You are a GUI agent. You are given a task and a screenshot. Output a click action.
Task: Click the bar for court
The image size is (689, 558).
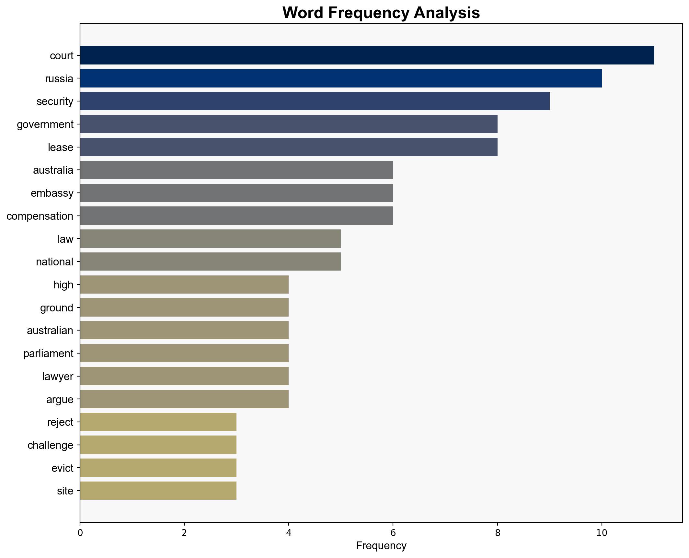367,55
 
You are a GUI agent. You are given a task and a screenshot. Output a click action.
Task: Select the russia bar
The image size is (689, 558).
341,78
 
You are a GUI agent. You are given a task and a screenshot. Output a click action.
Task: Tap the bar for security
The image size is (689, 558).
315,101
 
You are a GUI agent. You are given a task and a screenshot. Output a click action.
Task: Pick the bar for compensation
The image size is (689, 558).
236,216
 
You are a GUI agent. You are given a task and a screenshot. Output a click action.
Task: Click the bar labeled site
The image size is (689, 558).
158,491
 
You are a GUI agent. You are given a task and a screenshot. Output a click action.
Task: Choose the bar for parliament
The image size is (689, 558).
184,353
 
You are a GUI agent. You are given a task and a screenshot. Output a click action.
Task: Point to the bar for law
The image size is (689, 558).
210,239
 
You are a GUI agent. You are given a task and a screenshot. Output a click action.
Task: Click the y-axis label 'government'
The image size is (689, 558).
45,124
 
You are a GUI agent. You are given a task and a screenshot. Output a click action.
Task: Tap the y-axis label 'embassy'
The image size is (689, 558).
52,193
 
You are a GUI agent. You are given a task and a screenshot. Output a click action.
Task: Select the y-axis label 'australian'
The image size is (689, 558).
50,331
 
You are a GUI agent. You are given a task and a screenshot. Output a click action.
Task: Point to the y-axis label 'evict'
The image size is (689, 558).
62,468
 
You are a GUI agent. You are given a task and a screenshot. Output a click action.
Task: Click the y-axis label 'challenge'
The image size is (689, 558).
50,445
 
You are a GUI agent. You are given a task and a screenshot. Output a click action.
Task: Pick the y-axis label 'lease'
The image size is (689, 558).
60,147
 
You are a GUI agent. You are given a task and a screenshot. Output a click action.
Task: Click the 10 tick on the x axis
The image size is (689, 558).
602,533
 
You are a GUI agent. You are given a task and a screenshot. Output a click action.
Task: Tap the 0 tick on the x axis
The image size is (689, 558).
80,533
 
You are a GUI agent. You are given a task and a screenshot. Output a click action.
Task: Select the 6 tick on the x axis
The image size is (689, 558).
393,533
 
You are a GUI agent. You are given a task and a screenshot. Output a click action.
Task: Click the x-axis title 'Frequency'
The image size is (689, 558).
381,546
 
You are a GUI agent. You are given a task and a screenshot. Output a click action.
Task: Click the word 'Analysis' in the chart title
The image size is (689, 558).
447,13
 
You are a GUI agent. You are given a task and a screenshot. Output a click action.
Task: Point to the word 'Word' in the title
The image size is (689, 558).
303,13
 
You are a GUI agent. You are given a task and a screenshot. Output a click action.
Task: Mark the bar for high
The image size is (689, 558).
184,285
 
